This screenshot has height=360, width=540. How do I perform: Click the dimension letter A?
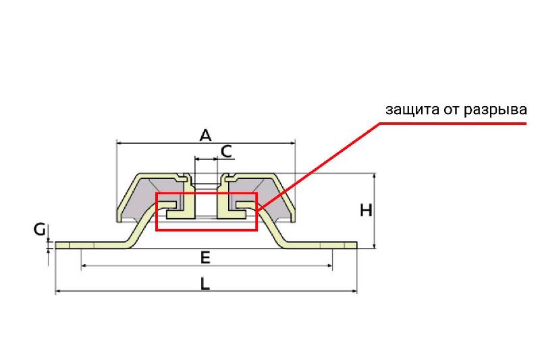(x=205, y=135)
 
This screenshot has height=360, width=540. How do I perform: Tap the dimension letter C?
(x=227, y=151)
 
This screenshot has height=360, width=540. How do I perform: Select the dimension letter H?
(x=366, y=211)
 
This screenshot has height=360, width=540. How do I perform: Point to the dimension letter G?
(x=40, y=230)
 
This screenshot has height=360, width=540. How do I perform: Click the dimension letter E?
(x=205, y=258)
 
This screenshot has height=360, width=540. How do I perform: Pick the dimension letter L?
(x=205, y=284)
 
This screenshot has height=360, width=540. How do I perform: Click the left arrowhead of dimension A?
(x=119, y=143)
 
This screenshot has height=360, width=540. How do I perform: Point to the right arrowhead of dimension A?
(x=293, y=143)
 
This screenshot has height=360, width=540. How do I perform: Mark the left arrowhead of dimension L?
(x=58, y=292)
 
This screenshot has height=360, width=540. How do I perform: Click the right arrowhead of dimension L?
(x=354, y=292)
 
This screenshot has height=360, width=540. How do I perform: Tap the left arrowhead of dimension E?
(x=84, y=265)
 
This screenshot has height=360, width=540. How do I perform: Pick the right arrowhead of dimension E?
(x=329, y=265)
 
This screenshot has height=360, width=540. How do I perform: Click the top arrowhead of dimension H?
(x=375, y=176)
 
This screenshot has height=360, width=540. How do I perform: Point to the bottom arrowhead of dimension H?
(x=375, y=246)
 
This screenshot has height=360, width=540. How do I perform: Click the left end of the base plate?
(x=56, y=245)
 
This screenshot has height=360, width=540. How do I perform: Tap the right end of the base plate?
(x=356, y=245)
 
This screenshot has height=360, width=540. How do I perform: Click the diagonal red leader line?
(x=319, y=165)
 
